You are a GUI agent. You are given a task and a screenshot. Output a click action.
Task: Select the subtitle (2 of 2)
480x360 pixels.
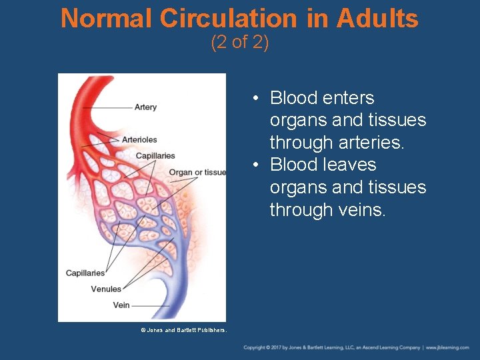point(240,43)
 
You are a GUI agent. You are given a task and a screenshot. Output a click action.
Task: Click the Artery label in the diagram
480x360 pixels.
point(145,107)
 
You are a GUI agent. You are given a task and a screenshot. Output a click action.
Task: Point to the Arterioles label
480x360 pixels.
point(139,139)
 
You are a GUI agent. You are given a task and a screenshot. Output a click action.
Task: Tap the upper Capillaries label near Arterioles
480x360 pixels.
point(155,156)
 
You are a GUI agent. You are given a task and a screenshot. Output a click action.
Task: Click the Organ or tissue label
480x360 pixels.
point(197,172)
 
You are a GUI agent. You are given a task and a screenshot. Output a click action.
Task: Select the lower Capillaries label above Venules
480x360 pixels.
point(85,273)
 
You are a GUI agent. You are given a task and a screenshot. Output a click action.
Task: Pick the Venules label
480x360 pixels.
point(106,289)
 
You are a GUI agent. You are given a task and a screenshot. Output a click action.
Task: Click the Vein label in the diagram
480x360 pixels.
point(121,305)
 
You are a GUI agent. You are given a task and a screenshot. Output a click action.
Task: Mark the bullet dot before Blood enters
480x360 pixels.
point(255,99)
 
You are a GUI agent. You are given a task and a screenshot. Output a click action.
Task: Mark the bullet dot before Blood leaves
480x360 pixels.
point(255,165)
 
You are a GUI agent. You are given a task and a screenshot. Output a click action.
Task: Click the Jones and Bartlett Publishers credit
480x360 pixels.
point(183,330)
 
